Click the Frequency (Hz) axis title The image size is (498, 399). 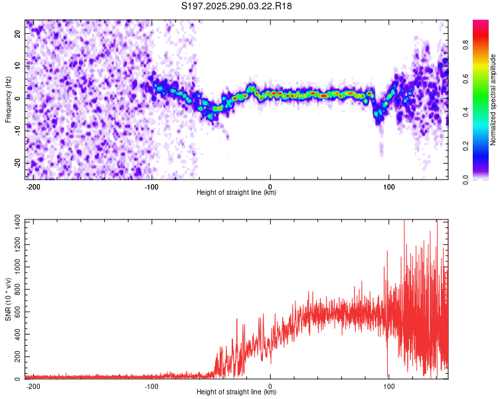pos(8,100)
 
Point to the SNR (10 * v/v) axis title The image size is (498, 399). pos(8,299)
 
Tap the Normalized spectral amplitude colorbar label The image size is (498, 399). pos(493,100)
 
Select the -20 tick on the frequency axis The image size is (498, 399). pos(17,163)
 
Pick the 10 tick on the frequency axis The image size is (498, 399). pos(18,65)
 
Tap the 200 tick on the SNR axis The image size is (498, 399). pos(15,356)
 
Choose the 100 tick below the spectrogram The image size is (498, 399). pos(388,186)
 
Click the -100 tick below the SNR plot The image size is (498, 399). pos(151,386)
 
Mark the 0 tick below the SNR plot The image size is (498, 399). pos(270,386)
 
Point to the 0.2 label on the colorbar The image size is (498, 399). pos(484,146)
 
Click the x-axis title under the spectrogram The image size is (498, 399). pos(236,193)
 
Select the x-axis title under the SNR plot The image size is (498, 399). pos(236,392)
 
